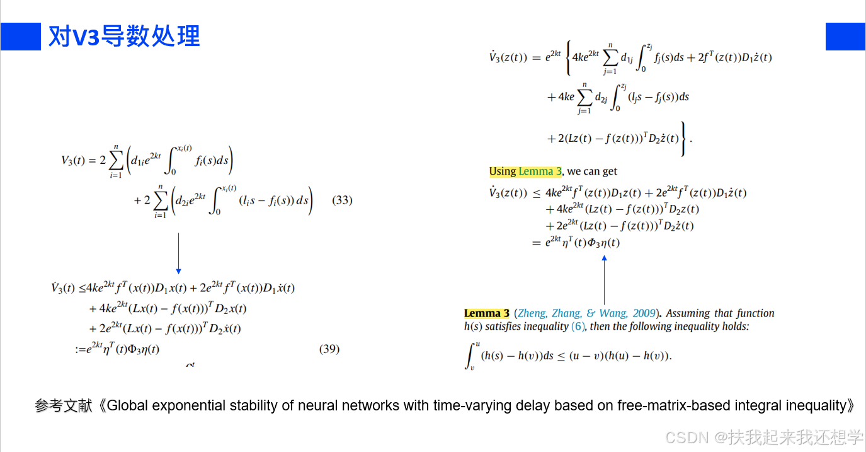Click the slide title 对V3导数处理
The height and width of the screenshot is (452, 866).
coord(124,37)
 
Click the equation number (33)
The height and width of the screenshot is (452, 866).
coord(342,200)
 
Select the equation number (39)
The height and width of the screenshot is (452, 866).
coord(329,349)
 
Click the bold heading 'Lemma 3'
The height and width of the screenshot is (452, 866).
coord(486,313)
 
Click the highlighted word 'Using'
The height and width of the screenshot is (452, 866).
coord(503,171)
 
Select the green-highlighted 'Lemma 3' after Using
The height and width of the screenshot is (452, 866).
coord(540,171)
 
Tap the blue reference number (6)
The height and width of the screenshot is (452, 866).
coord(578,327)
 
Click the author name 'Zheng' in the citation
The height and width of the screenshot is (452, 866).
coord(532,313)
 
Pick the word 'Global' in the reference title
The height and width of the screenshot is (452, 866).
coord(128,406)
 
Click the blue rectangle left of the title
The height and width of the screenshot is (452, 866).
coord(20,37)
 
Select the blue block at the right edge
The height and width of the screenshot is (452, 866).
coord(845,37)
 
